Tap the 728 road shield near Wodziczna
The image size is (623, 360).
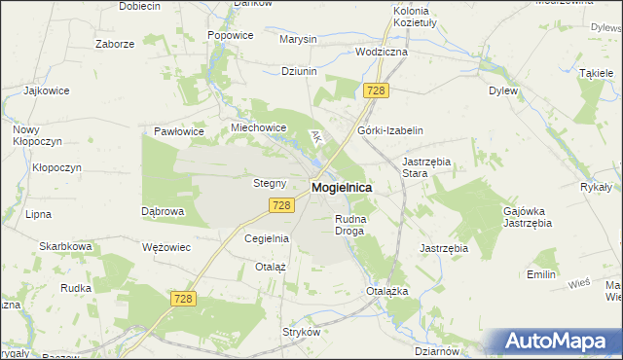pyautogui.click(x=377, y=90)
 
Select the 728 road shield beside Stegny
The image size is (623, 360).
pyautogui.click(x=280, y=204)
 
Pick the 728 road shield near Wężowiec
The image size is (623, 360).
pyautogui.click(x=182, y=302)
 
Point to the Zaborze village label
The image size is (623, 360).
pyautogui.click(x=114, y=44)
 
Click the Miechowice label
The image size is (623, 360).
pyautogui.click(x=257, y=127)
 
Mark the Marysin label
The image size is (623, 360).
pyautogui.click(x=298, y=39)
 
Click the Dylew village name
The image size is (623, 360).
pyautogui.click(x=502, y=90)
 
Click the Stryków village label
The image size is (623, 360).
pyautogui.click(x=301, y=332)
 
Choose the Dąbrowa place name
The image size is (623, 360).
pyautogui.click(x=163, y=210)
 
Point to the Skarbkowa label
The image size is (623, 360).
pyautogui.click(x=65, y=247)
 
